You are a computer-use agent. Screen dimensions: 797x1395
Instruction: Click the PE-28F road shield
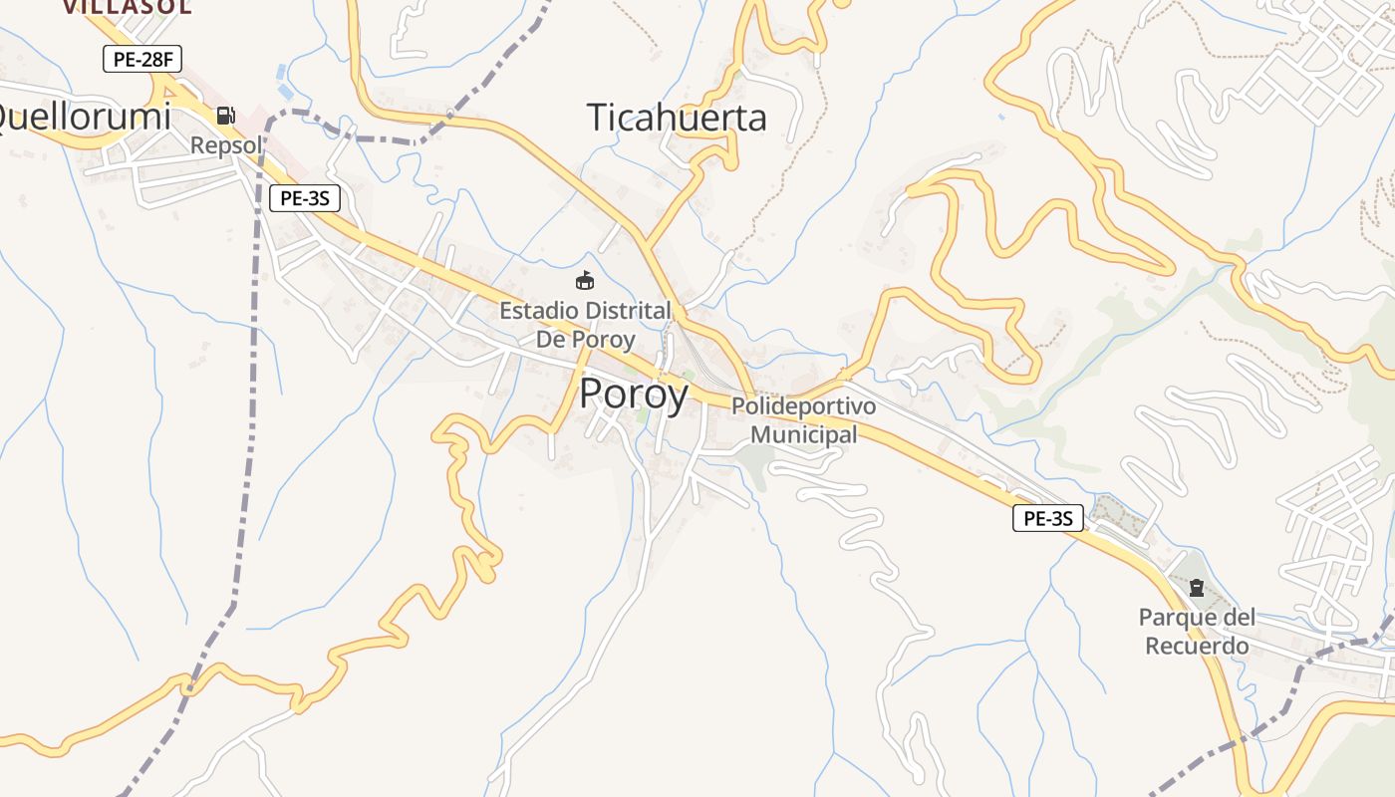pyautogui.click(x=142, y=59)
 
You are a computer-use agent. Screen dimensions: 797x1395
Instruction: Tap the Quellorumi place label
pyautogui.click(x=84, y=118)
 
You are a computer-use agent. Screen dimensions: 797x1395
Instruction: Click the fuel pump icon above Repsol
pyautogui.click(x=226, y=116)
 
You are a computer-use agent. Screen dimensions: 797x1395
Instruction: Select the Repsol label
pyautogui.click(x=226, y=145)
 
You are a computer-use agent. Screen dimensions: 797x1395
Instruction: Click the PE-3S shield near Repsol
pyautogui.click(x=304, y=198)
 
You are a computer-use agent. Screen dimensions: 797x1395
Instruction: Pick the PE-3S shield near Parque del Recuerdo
pyautogui.click(x=1047, y=518)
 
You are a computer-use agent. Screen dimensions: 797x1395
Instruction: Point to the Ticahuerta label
pyautogui.click(x=677, y=118)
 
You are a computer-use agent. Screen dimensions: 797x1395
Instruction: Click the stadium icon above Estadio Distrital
pyautogui.click(x=585, y=281)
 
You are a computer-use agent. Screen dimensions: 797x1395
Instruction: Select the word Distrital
pyautogui.click(x=628, y=311)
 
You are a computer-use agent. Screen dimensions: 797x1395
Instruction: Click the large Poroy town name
pyautogui.click(x=633, y=395)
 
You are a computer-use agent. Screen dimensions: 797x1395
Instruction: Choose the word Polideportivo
pyautogui.click(x=803, y=406)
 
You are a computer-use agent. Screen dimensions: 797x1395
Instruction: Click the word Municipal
pyautogui.click(x=803, y=434)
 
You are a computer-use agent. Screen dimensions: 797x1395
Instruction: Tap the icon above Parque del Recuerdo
pyautogui.click(x=1196, y=588)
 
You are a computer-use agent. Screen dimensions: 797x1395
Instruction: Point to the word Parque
pyautogui.click(x=1178, y=618)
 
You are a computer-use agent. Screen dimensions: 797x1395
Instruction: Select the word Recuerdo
pyautogui.click(x=1197, y=646)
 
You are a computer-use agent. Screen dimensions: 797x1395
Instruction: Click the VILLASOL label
pyautogui.click(x=127, y=7)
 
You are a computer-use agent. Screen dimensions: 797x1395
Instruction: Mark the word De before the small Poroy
pyautogui.click(x=552, y=339)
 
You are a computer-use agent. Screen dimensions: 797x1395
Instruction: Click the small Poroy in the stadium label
pyautogui.click(x=603, y=339)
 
